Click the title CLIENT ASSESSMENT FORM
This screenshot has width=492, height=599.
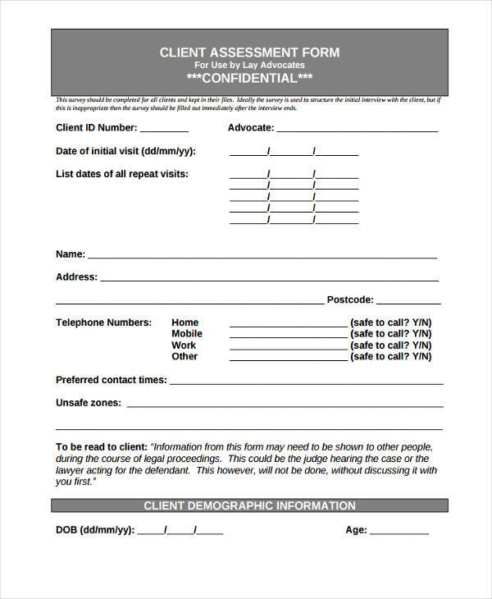point(249,52)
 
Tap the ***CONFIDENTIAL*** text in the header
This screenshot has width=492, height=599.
point(249,78)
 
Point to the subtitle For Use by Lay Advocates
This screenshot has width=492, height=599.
point(249,65)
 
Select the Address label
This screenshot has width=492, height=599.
point(76,277)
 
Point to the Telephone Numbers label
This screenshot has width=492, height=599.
point(103,322)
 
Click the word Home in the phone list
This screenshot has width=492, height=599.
point(184,322)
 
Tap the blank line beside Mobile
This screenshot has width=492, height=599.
point(288,336)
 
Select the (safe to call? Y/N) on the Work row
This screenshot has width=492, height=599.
point(390,345)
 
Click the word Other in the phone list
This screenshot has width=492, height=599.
point(184,357)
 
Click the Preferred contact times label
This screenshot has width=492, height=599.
point(111,380)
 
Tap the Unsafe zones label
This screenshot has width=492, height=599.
point(88,403)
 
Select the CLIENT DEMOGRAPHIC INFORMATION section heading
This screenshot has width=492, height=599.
point(249,505)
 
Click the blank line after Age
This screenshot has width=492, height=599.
point(399,532)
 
